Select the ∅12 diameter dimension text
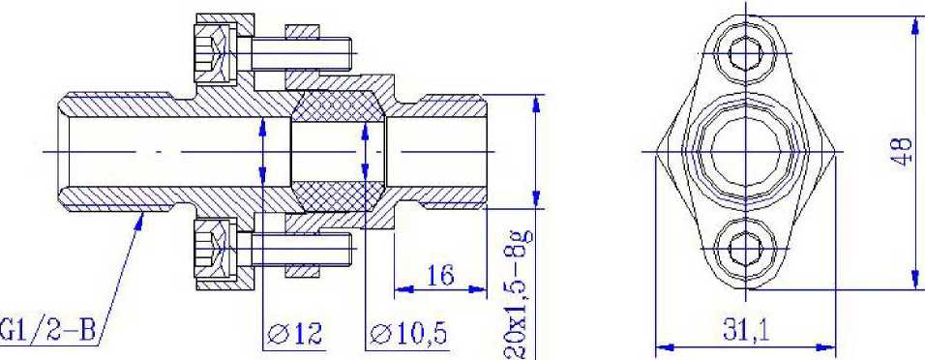coord(295,334)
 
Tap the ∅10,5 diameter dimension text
coord(408,335)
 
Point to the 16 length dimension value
coord(440,275)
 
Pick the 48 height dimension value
coord(902,152)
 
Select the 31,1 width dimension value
coord(746,332)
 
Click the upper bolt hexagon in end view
coord(746,53)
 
